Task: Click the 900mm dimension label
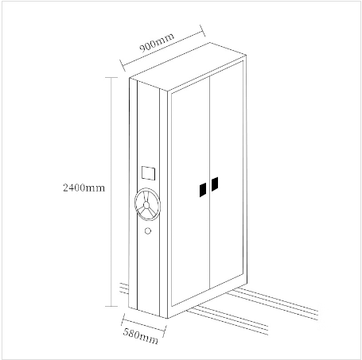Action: pyautogui.click(x=157, y=43)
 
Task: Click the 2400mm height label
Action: pyautogui.click(x=84, y=188)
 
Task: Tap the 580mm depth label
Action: pyautogui.click(x=141, y=336)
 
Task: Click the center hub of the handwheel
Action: pyautogui.click(x=146, y=205)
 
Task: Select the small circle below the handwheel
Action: pyautogui.click(x=148, y=231)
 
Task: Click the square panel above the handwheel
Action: pyautogui.click(x=148, y=173)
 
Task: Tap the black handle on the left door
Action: pyautogui.click(x=203, y=190)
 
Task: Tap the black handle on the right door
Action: pyautogui.click(x=215, y=184)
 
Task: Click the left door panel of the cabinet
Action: pyautogui.click(x=190, y=192)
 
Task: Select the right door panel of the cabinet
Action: pyautogui.click(x=227, y=175)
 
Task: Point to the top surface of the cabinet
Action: pyautogui.click(x=188, y=67)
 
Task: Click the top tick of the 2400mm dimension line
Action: pyautogui.click(x=111, y=78)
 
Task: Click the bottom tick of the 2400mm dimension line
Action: pyautogui.click(x=111, y=307)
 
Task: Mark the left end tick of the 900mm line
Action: pyautogui.click(x=123, y=65)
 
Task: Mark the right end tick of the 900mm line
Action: pyautogui.click(x=203, y=31)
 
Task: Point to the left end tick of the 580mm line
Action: pyautogui.click(x=123, y=319)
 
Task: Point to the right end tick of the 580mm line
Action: pyautogui.click(x=165, y=331)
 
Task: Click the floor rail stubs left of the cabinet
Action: pyautogui.click(x=124, y=288)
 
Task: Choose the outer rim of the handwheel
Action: pyautogui.click(x=134, y=204)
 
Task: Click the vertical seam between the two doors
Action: pyautogui.click(x=210, y=183)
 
